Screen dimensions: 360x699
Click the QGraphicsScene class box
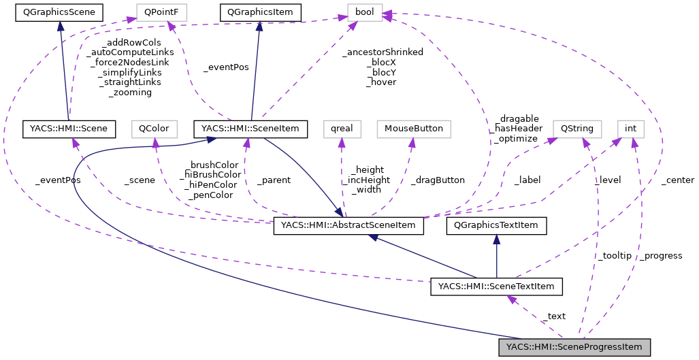click(x=59, y=12)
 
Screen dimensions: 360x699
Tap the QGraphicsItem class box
click(x=259, y=12)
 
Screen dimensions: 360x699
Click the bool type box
click(x=365, y=12)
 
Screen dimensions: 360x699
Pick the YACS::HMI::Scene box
click(x=69, y=128)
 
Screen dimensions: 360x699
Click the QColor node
click(x=155, y=128)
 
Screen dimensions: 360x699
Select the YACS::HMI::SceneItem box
click(x=251, y=128)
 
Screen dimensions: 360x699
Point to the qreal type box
click(x=342, y=128)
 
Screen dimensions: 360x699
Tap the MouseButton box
click(x=414, y=128)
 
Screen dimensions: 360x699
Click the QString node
click(x=576, y=128)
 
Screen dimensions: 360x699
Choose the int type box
click(x=630, y=128)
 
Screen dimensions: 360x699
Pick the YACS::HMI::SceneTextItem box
click(x=496, y=287)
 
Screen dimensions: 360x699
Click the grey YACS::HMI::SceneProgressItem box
click(x=574, y=347)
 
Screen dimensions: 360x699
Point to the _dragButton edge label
click(x=438, y=180)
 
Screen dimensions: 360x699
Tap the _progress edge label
click(x=661, y=255)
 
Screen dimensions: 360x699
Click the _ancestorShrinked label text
click(x=384, y=52)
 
